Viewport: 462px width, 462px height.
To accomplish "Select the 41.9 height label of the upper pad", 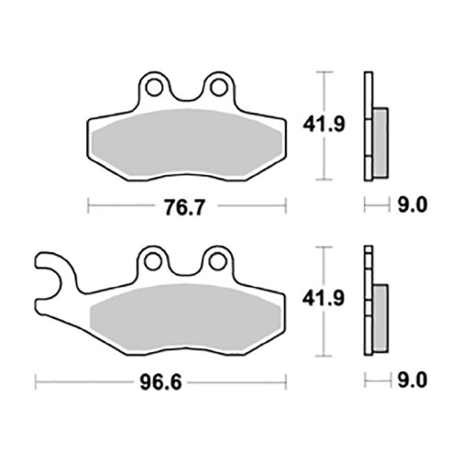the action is [x=324, y=125].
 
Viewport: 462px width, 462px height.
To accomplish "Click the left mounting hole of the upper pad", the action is [x=154, y=88].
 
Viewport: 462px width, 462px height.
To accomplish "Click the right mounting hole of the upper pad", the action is [x=218, y=88].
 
